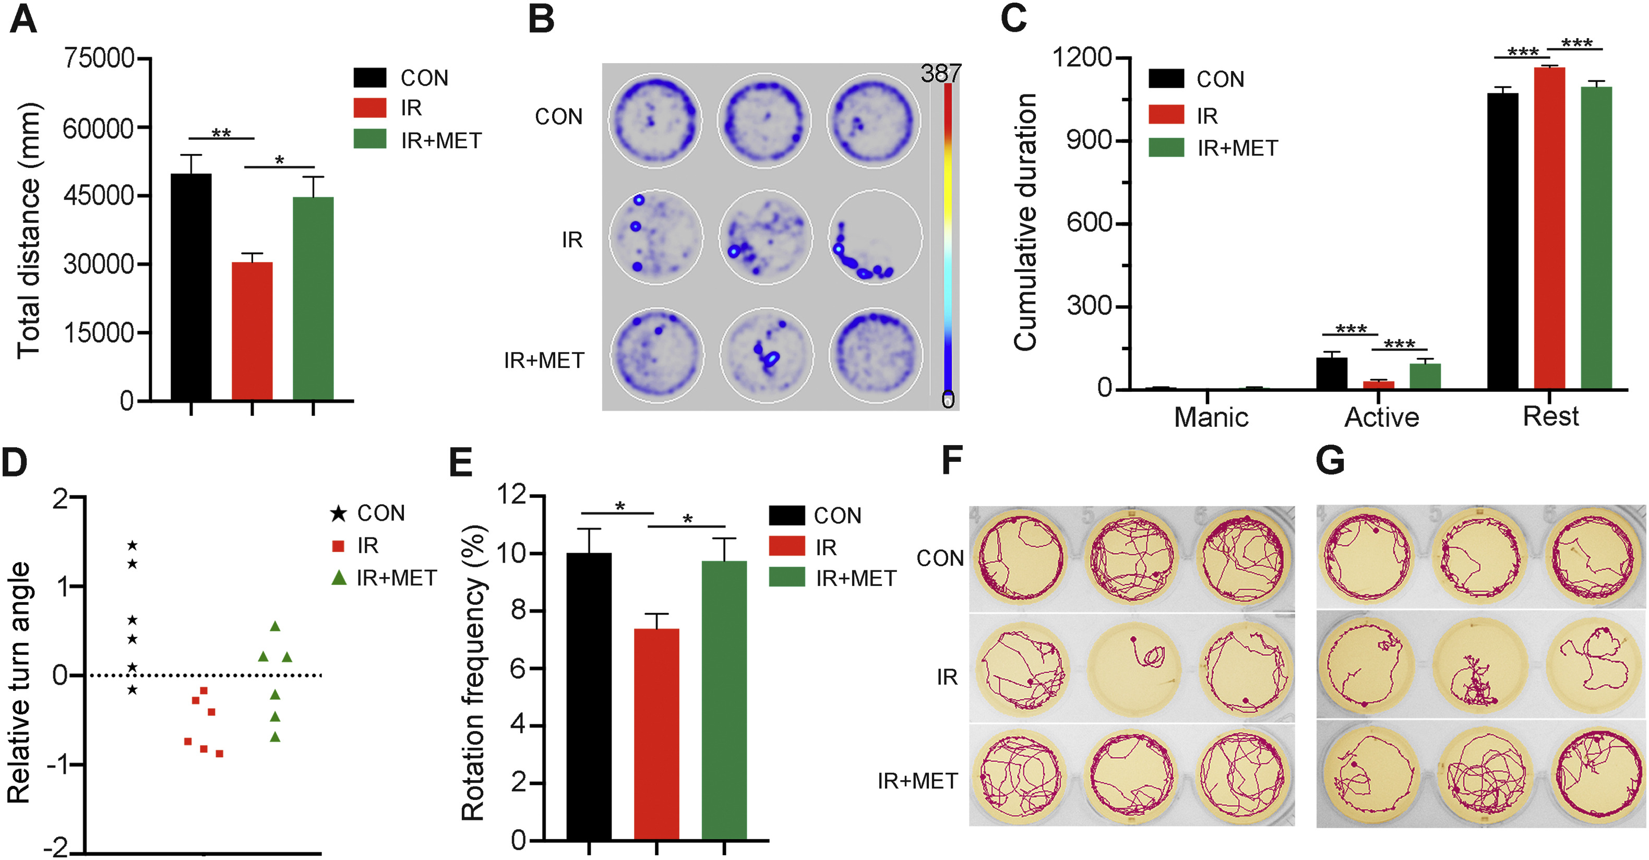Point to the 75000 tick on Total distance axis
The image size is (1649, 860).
click(x=99, y=58)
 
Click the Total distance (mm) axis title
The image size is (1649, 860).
click(x=29, y=231)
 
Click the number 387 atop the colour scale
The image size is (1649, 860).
click(x=940, y=74)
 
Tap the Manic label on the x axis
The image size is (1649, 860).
click(x=1211, y=417)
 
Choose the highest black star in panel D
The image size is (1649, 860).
click(x=133, y=545)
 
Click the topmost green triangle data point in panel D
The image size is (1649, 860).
click(x=275, y=626)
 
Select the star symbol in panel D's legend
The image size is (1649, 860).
click(x=339, y=513)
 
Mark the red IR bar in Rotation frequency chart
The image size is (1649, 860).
click(x=656, y=734)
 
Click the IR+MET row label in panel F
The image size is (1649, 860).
click(x=917, y=781)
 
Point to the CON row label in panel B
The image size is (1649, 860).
click(x=559, y=117)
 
